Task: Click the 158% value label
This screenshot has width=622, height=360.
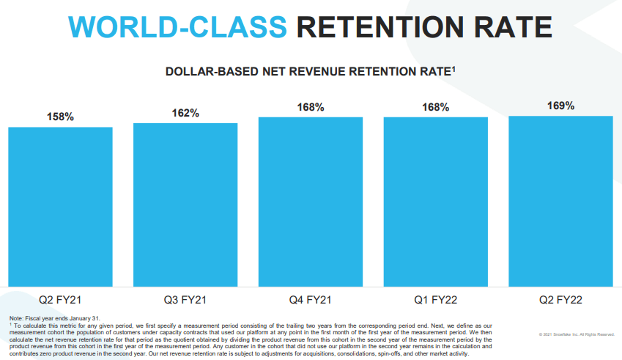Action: tap(61, 117)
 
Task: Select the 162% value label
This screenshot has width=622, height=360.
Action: tap(185, 113)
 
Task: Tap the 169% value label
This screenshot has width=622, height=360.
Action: tap(560, 106)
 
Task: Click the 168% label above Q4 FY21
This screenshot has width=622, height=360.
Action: tap(311, 108)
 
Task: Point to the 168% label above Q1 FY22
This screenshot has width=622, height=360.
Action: tap(435, 108)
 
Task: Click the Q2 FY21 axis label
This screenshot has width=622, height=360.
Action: tap(61, 300)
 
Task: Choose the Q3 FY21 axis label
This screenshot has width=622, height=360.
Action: tap(185, 300)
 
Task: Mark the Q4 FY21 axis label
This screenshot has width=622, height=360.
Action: tap(311, 300)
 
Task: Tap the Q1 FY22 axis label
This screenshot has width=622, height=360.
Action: tap(435, 300)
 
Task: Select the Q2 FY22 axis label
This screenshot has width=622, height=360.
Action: tap(560, 300)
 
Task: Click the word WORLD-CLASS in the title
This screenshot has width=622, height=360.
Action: tap(179, 27)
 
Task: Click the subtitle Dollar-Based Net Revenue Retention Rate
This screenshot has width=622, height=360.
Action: tap(311, 72)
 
